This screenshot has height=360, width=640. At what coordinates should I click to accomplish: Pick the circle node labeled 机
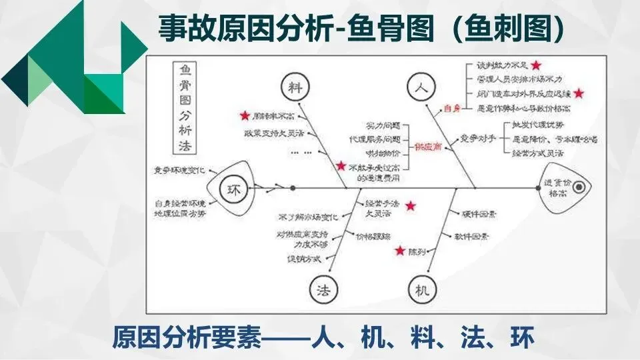click(421, 289)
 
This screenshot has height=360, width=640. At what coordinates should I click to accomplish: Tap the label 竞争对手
click(477, 139)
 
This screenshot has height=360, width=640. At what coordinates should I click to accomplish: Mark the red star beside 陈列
click(399, 251)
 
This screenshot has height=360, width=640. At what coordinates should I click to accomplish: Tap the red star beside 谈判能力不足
click(535, 65)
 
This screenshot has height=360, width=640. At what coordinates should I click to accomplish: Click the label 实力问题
click(383, 126)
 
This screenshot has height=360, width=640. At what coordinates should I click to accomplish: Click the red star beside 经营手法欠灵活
click(410, 205)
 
